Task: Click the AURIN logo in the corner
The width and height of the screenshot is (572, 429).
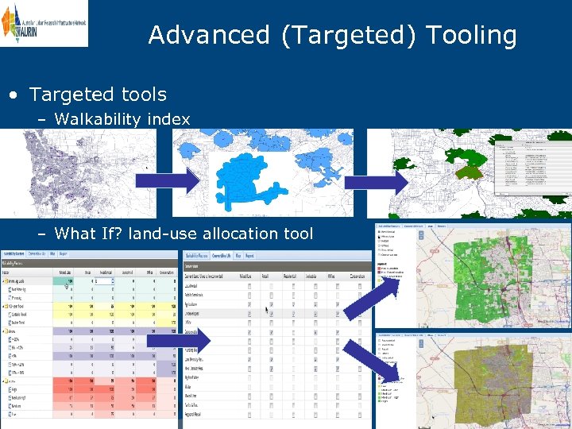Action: coord(44,24)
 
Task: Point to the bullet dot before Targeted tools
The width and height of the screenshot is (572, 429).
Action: coord(14,95)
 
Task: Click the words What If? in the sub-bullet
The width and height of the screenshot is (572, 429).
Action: coord(84,234)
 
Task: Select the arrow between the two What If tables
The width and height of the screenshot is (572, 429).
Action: coord(178,341)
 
